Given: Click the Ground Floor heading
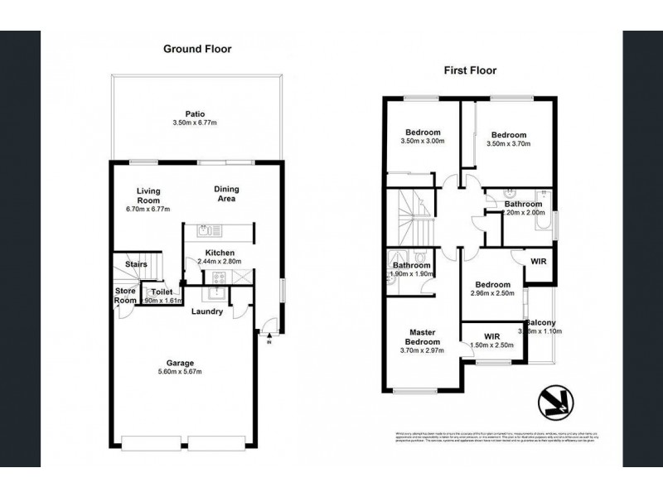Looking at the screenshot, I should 196,49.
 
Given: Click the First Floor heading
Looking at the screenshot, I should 469,70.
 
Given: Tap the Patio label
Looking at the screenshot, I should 196,114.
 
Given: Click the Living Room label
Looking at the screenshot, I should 148,195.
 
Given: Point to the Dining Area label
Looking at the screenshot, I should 225,193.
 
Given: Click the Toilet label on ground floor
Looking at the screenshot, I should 161,292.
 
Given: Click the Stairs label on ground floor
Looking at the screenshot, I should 136,264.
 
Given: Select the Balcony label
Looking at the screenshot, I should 540,323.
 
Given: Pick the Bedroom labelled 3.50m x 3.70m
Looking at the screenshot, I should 508,135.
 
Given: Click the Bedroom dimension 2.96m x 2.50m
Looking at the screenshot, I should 493,293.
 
